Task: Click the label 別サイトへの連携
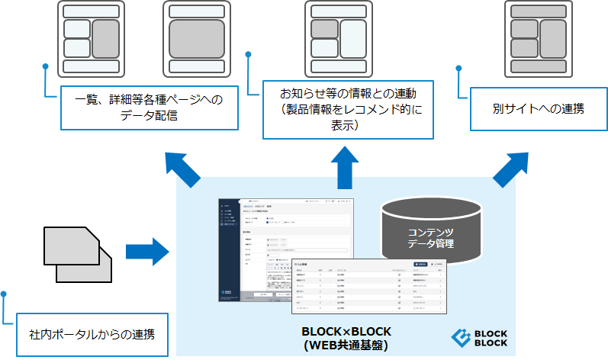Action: point(538,109)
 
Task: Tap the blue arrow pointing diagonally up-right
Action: point(510,170)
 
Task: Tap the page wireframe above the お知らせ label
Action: point(339,37)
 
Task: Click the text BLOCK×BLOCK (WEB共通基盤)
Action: point(346,338)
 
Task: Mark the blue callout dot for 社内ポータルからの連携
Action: point(5,293)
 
